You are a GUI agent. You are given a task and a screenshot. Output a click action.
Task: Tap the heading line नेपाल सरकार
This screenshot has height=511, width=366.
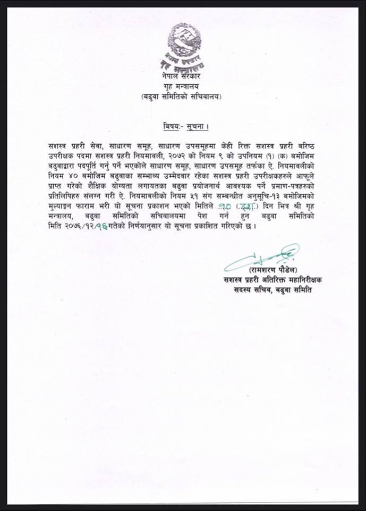[183, 78]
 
